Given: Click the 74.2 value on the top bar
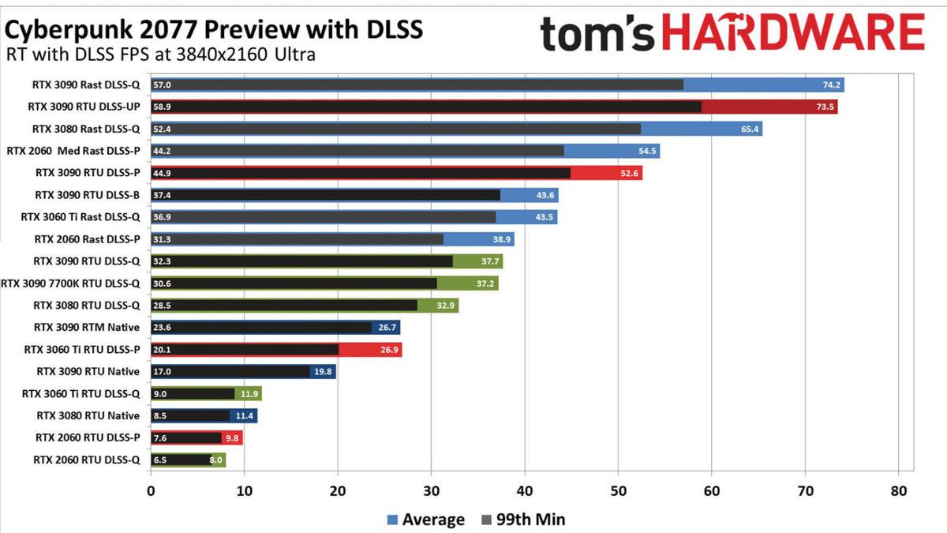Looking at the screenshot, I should click(x=833, y=84).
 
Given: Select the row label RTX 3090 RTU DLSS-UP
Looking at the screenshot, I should click(x=84, y=107).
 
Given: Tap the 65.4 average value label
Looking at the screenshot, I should click(x=750, y=129).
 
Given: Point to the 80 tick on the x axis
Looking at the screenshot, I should click(x=899, y=490).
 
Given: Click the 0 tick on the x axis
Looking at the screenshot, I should click(x=151, y=490).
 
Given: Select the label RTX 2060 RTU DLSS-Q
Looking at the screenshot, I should click(x=87, y=460).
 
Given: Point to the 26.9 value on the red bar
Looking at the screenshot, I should click(x=390, y=350).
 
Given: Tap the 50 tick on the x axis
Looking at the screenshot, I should click(x=618, y=490).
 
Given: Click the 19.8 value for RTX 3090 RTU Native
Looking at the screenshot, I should click(x=324, y=372).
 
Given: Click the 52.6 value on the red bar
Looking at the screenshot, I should click(x=631, y=174).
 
